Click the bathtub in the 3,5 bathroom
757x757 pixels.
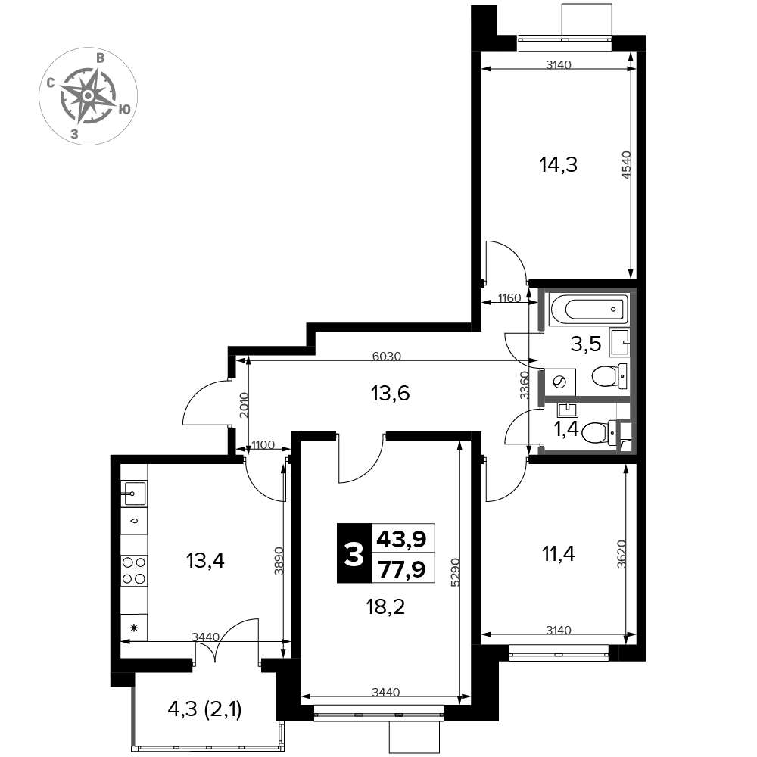[589, 309]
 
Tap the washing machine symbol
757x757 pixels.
[560, 382]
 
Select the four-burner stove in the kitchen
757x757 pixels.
[134, 570]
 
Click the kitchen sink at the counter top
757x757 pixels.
[134, 494]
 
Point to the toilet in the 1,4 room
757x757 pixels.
[600, 432]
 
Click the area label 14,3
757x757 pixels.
[558, 165]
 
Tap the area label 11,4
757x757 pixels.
[559, 554]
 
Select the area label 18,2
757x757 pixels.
[385, 607]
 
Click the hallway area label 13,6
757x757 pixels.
[390, 394]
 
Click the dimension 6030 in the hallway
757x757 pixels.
[387, 357]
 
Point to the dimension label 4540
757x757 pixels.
[626, 165]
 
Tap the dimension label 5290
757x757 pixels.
[455, 572]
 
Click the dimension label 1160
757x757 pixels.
[509, 298]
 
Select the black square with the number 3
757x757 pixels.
[354, 553]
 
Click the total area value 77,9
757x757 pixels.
[402, 569]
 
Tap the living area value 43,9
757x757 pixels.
[402, 538]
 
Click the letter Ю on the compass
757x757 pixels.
[125, 110]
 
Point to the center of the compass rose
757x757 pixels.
[88, 96]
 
